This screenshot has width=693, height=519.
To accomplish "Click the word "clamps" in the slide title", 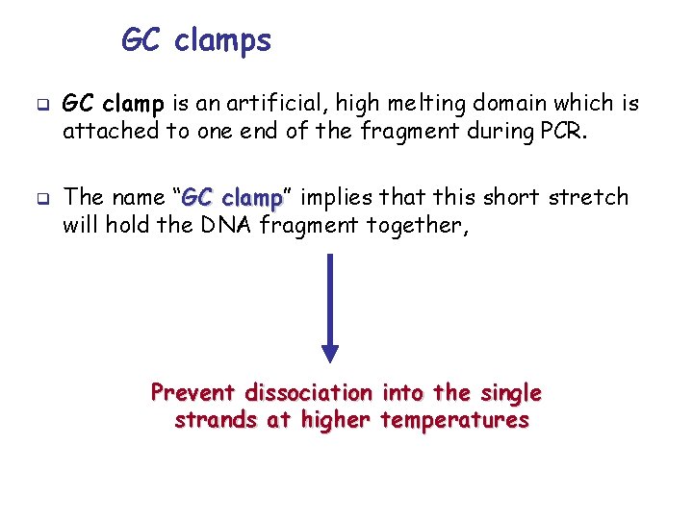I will click(x=223, y=41).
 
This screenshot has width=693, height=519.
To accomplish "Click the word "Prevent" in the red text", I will click(x=192, y=393).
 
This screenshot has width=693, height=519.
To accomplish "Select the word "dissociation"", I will click(x=308, y=393).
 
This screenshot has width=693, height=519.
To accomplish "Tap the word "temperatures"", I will click(x=454, y=421).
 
